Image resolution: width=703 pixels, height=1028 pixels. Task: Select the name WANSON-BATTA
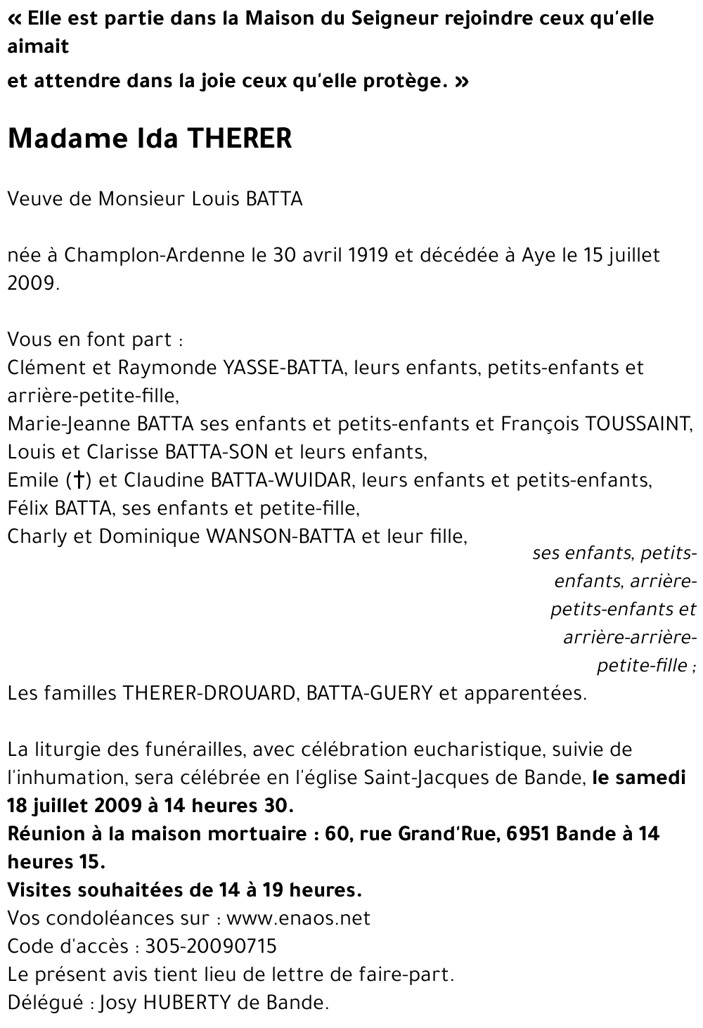point(280,537)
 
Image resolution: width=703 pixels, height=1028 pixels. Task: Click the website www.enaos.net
point(299,919)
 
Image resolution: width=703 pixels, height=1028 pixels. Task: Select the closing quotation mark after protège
point(461,82)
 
